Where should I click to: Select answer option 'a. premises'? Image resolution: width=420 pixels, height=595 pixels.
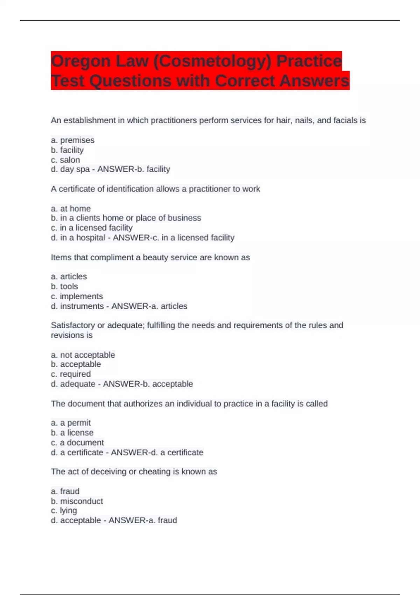click(x=73, y=140)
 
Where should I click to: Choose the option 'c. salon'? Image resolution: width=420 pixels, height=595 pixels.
click(x=65, y=160)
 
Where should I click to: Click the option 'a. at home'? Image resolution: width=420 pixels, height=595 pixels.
click(x=71, y=208)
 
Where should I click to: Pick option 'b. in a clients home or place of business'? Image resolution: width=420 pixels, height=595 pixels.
click(x=126, y=218)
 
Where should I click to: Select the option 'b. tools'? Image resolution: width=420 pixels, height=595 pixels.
click(x=64, y=286)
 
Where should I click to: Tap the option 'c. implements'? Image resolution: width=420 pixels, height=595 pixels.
click(x=77, y=296)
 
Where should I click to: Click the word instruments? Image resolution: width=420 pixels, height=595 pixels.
click(x=82, y=306)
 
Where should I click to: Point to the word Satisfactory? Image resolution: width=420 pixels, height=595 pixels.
click(x=73, y=325)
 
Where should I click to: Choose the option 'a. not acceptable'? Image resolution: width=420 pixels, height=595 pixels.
click(x=83, y=355)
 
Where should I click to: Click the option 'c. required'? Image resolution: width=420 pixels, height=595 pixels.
click(x=71, y=374)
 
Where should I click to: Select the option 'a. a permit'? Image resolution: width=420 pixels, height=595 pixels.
click(x=71, y=422)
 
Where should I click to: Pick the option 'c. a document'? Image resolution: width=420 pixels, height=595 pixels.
click(x=77, y=442)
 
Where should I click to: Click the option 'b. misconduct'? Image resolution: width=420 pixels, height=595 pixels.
click(x=77, y=501)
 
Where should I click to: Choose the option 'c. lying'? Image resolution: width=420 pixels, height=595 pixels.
click(x=64, y=510)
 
